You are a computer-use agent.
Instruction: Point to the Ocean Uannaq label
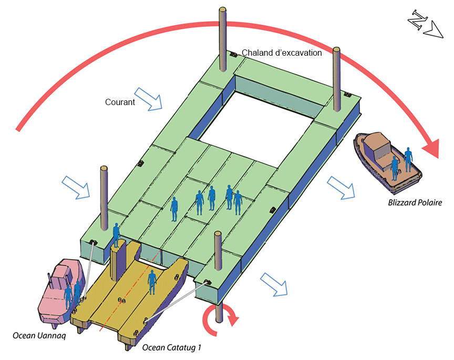click(39, 336)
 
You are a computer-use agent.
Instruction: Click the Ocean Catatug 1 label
click(172, 347)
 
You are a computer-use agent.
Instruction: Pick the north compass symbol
click(425, 25)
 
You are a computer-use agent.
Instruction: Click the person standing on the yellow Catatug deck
click(152, 282)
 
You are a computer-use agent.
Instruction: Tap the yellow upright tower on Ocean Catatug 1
click(120, 257)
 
